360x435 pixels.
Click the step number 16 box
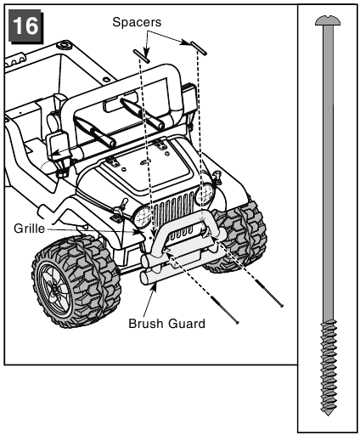click(x=25, y=26)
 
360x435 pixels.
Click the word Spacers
click(x=137, y=22)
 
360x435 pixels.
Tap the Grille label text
click(x=29, y=229)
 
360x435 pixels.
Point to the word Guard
click(x=186, y=324)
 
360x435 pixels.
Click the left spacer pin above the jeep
click(x=141, y=55)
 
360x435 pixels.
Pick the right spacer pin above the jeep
click(x=199, y=48)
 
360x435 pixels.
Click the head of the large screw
click(x=328, y=21)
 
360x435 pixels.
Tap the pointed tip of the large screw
click(x=328, y=415)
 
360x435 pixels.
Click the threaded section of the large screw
click(x=328, y=367)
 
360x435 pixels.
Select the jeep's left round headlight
click(x=143, y=217)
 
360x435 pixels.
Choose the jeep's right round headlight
click(x=204, y=195)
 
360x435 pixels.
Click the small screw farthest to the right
click(x=269, y=293)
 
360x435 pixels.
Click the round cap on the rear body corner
click(x=65, y=45)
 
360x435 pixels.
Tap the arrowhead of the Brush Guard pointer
click(x=154, y=286)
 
